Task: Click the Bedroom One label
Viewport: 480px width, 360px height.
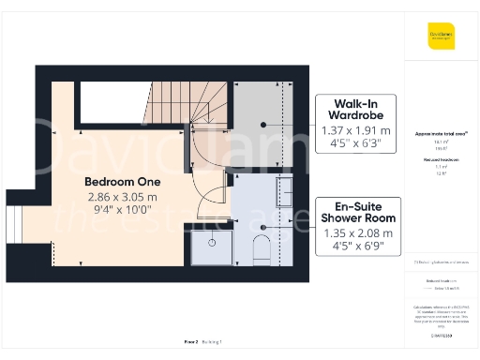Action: tap(122, 181)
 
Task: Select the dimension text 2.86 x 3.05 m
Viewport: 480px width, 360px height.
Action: tap(122, 197)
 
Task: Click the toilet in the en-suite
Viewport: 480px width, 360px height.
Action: tap(262, 249)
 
